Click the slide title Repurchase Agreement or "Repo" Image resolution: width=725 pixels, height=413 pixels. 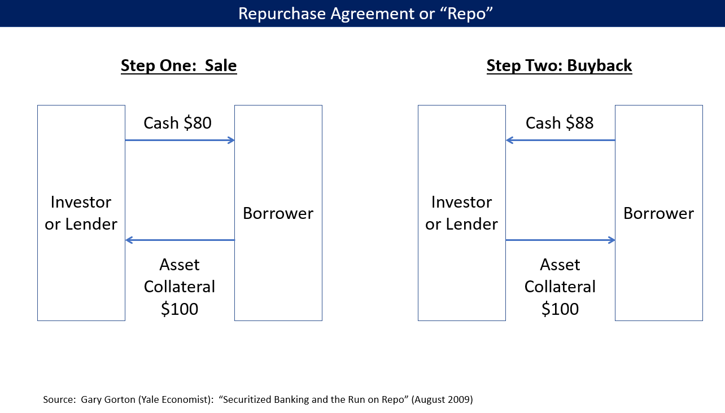pos(362,14)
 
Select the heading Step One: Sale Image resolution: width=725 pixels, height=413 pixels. pos(178,66)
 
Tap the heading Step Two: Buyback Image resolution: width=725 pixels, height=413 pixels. pos(559,66)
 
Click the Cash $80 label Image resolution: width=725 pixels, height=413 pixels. pos(177,123)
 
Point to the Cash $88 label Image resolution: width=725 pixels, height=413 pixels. pos(559,123)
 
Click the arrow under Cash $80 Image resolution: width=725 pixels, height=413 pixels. pos(180,140)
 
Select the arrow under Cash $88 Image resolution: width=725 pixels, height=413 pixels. pos(560,140)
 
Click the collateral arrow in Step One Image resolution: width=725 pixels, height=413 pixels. pos(180,240)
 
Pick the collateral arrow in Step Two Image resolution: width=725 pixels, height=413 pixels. pos(560,240)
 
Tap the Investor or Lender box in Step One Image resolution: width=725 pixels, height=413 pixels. pos(81,213)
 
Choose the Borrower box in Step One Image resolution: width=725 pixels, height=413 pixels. pos(278,213)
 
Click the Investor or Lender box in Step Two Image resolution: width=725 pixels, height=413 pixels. pos(461,213)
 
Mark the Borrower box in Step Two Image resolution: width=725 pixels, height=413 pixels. pos(658,213)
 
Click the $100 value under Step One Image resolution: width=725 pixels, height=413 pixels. pos(180,309)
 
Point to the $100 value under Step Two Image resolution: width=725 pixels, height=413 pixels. pos(560,309)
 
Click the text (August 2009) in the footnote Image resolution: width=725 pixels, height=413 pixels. pos(442,399)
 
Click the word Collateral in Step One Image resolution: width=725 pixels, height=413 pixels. pos(180,287)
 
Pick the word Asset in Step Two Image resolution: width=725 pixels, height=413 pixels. pos(560,265)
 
